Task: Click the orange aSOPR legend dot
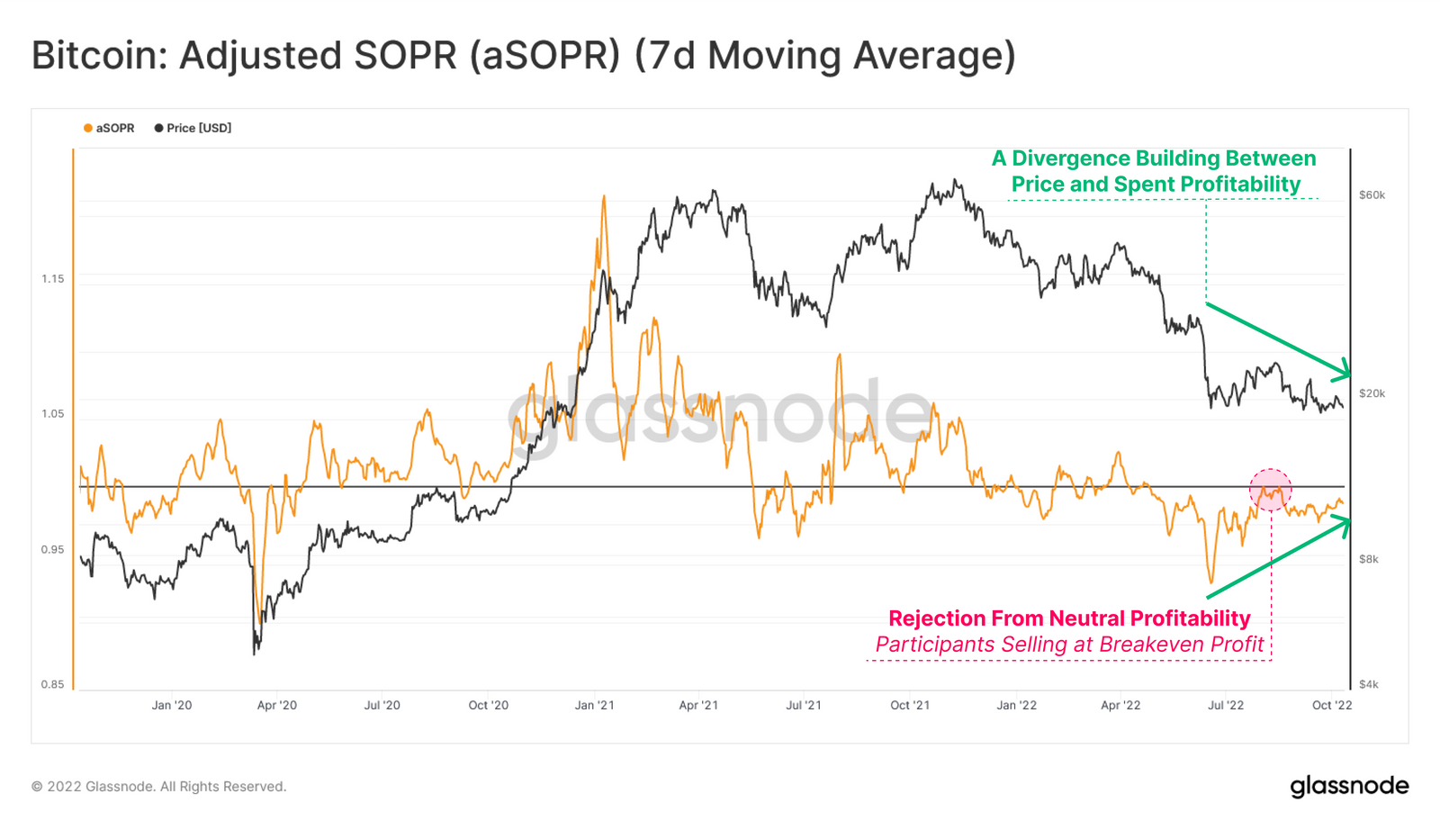(x=88, y=128)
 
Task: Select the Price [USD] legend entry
(x=193, y=128)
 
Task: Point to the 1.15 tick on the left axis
(x=53, y=279)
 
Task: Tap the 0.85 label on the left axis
(x=53, y=684)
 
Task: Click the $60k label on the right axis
(x=1372, y=194)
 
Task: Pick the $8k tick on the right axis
(x=1369, y=559)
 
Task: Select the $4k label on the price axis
(x=1369, y=684)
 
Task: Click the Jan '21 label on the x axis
(x=594, y=705)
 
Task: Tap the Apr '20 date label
(x=277, y=705)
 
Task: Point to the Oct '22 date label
(x=1332, y=705)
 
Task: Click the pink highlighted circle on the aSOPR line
(x=1270, y=490)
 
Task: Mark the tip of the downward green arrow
(x=1350, y=374)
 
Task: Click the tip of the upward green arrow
(x=1350, y=519)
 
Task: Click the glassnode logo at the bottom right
(x=1349, y=786)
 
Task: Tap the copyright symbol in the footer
(x=37, y=787)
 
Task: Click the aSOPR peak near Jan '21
(x=604, y=196)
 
